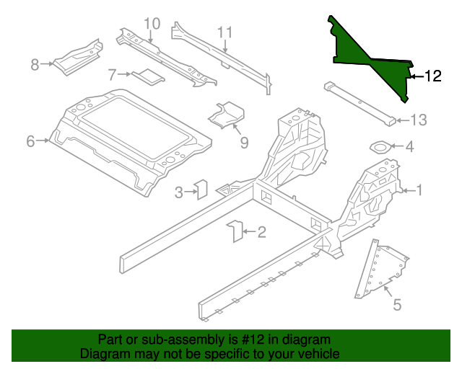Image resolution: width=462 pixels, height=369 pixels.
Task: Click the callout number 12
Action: [x=432, y=76]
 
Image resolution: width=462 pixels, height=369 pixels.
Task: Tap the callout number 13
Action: [x=419, y=120]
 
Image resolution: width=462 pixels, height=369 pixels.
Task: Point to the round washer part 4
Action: [x=380, y=147]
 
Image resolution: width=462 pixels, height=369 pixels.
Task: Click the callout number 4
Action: [x=409, y=147]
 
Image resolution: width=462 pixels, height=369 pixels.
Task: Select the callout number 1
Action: [x=419, y=190]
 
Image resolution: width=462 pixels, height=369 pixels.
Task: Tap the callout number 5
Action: [x=396, y=306]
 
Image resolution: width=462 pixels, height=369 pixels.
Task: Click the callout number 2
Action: [x=261, y=231]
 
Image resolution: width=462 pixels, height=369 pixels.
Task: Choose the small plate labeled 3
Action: [x=202, y=188]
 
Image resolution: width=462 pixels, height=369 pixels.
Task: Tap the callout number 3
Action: [x=179, y=192]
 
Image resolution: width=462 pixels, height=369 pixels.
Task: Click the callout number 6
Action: [x=30, y=141]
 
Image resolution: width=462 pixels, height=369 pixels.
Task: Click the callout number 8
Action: [x=34, y=65]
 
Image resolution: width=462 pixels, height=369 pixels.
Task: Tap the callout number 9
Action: [x=244, y=143]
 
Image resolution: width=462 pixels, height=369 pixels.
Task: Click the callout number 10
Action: [x=151, y=24]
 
